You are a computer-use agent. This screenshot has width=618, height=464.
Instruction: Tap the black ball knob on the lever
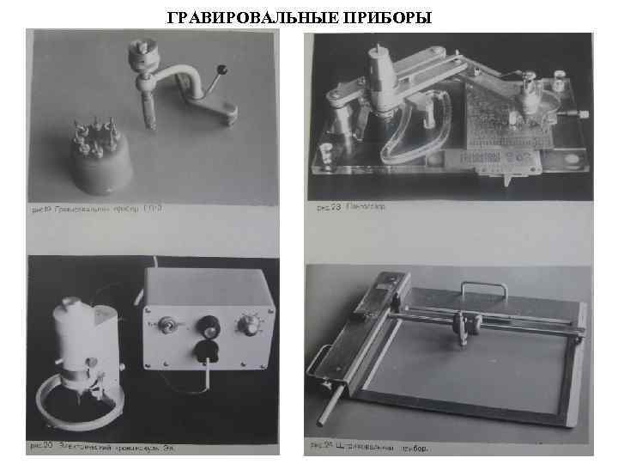pyautogui.click(x=221, y=69)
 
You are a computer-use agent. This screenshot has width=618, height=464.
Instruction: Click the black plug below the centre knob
pyautogui.click(x=206, y=350)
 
